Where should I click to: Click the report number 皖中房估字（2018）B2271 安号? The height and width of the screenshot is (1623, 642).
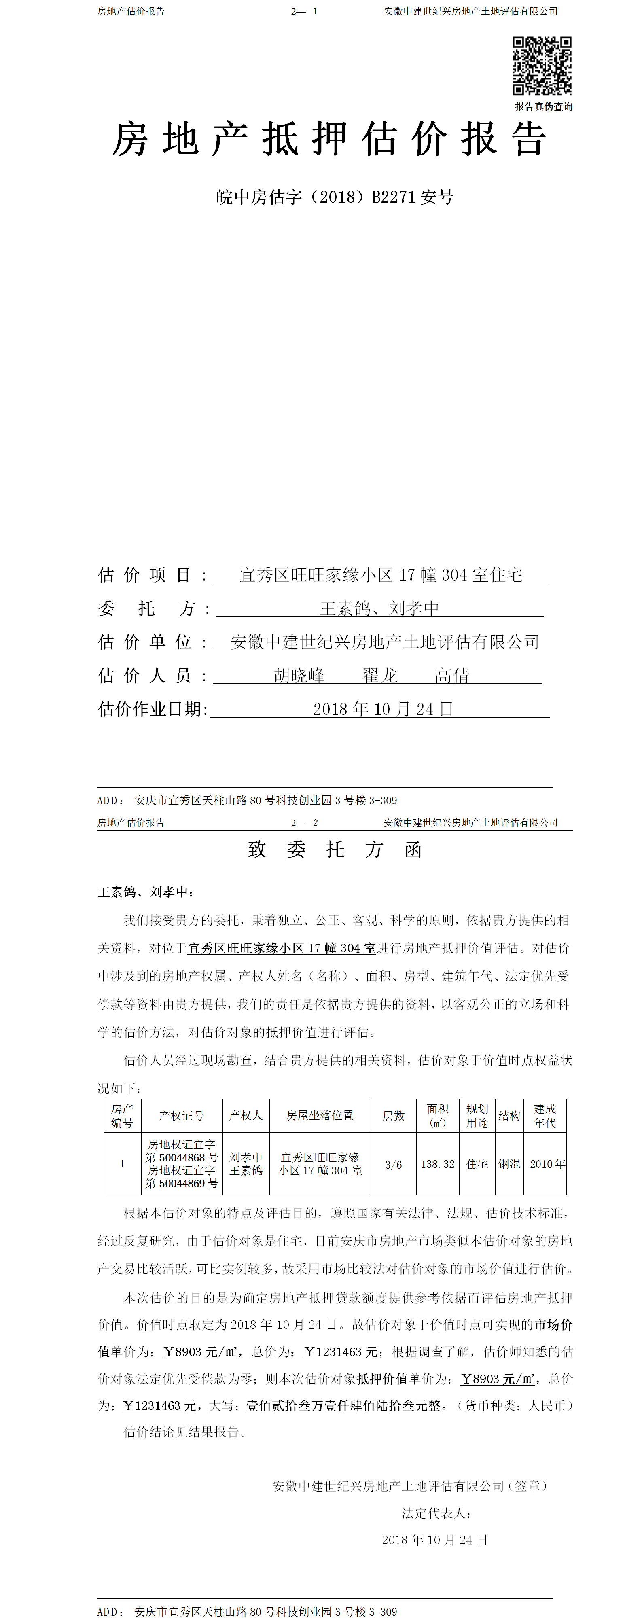click(x=335, y=197)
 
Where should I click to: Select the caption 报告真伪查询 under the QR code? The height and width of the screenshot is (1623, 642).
click(x=543, y=106)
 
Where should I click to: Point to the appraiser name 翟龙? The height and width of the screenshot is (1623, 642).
click(x=379, y=676)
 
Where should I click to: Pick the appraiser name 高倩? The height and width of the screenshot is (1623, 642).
click(x=452, y=676)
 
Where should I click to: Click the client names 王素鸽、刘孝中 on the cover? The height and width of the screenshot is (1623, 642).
click(x=379, y=608)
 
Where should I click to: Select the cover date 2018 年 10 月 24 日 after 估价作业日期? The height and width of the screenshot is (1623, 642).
click(x=383, y=709)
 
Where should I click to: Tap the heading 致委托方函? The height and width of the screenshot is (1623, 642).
click(x=335, y=849)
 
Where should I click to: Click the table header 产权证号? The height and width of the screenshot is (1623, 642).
click(x=182, y=1116)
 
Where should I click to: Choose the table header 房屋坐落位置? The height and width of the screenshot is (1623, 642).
click(x=320, y=1116)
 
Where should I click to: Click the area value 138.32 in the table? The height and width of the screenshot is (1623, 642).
click(x=437, y=1164)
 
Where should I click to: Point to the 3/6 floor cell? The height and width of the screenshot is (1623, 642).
click(x=393, y=1164)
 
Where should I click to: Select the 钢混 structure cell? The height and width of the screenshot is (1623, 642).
click(x=509, y=1164)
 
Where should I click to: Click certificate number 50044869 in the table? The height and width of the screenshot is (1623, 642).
click(x=182, y=1184)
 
